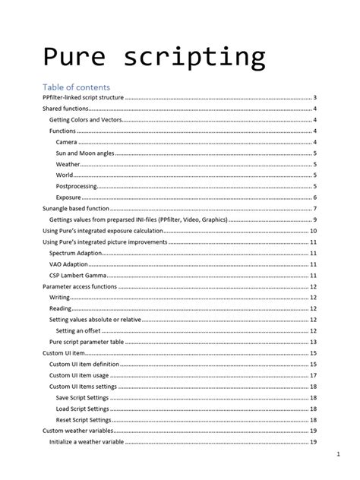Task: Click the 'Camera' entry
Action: pyautogui.click(x=67, y=142)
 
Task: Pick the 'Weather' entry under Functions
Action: pyautogui.click(x=68, y=164)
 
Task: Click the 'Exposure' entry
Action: pyautogui.click(x=69, y=197)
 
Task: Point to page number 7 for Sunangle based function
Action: pyautogui.click(x=314, y=208)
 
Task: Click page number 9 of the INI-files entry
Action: pyautogui.click(x=314, y=219)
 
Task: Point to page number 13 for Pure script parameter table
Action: pyautogui.click(x=313, y=342)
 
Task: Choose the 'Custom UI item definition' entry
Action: pyautogui.click(x=84, y=365)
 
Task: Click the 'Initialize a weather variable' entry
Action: pyautogui.click(x=87, y=441)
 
